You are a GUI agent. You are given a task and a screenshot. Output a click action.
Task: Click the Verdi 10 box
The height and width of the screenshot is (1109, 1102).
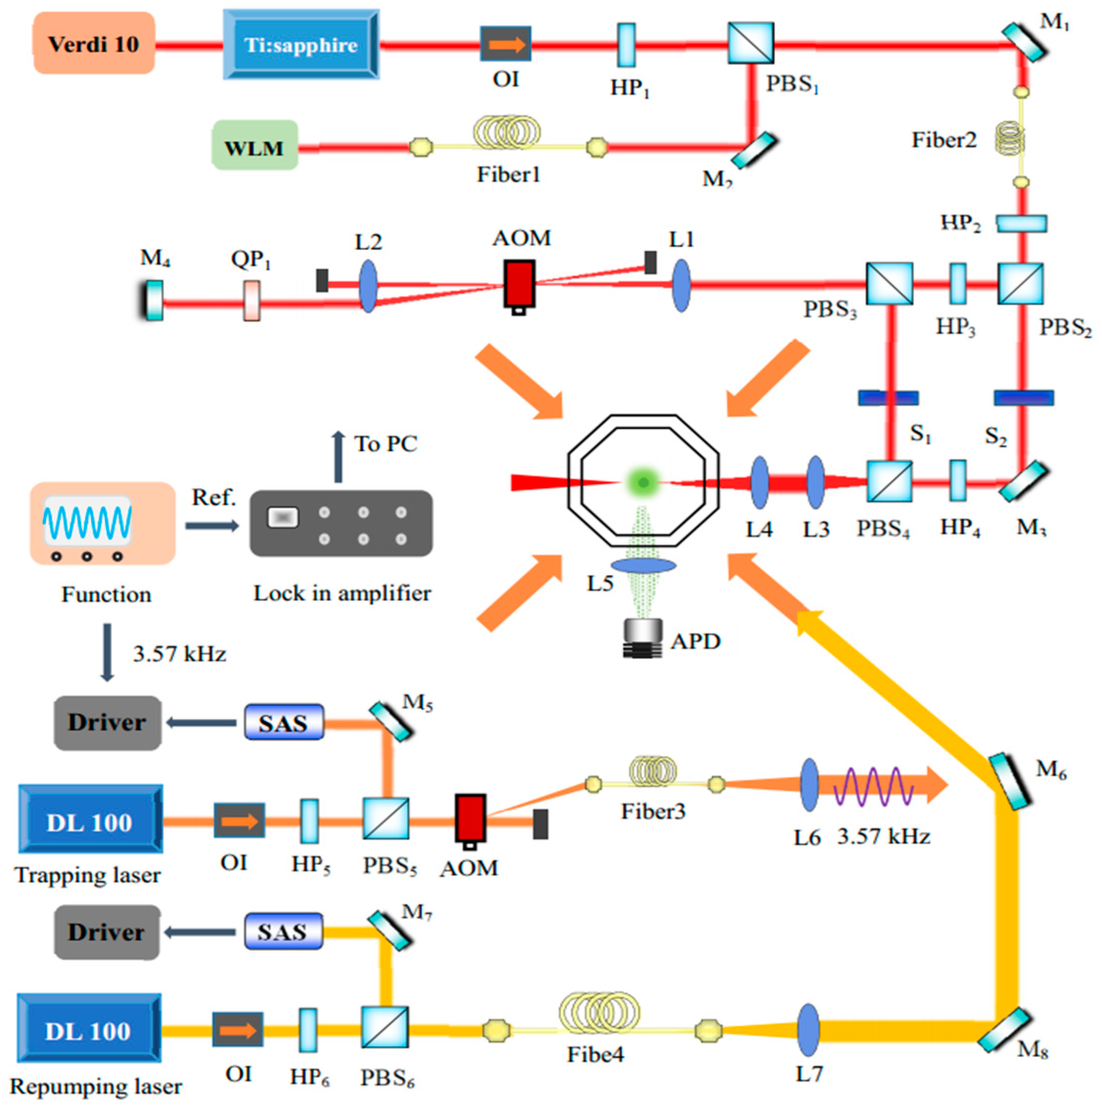(94, 44)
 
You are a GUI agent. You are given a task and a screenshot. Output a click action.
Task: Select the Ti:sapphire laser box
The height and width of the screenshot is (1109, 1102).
(301, 44)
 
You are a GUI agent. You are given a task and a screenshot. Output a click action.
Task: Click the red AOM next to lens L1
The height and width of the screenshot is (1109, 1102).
(519, 284)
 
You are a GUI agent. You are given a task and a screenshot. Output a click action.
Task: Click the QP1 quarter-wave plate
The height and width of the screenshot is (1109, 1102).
(252, 300)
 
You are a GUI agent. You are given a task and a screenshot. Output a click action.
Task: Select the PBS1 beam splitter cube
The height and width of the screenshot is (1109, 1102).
(750, 43)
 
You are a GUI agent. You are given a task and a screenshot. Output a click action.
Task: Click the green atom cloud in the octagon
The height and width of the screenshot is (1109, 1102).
(642, 481)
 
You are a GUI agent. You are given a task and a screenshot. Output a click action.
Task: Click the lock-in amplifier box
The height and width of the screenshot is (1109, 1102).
(341, 523)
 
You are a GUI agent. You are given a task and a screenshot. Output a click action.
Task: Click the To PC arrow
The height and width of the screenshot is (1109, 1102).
(338, 457)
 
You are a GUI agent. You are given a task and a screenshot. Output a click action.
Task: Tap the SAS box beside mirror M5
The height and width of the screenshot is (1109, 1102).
(284, 722)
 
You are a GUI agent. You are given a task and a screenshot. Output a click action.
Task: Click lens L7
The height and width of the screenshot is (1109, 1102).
(809, 1030)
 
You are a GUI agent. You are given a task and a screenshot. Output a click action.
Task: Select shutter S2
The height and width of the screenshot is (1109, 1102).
(1023, 398)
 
